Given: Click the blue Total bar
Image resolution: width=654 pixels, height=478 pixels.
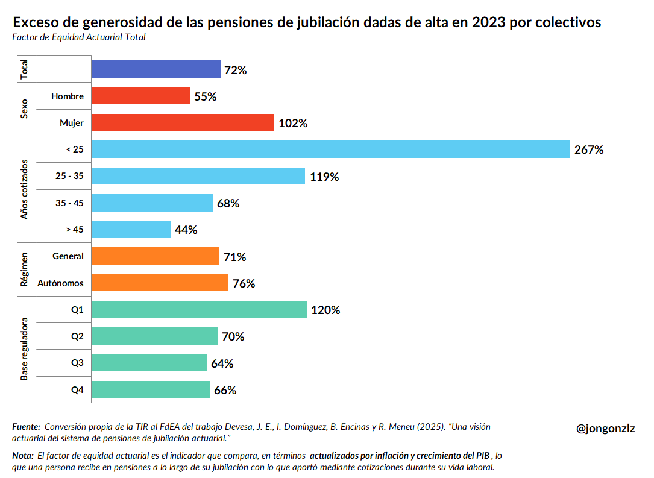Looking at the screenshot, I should (x=156, y=69).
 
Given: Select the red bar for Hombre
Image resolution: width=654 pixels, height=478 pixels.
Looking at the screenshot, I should (x=140, y=96).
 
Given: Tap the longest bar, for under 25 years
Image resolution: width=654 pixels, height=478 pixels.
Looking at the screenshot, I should (x=330, y=149).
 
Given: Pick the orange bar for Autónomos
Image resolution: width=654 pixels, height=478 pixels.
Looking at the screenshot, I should (x=160, y=283).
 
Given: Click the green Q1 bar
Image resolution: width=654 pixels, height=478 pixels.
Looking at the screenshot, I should (x=199, y=310).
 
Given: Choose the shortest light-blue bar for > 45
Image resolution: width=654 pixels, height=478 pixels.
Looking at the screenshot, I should (x=131, y=229).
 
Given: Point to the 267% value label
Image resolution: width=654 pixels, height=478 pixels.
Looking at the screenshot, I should (x=589, y=150).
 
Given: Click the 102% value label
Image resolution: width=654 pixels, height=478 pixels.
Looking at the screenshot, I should (x=293, y=124).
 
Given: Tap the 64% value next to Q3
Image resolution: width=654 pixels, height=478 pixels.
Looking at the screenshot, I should (x=222, y=363).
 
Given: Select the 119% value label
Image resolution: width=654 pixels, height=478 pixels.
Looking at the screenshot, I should (x=324, y=177).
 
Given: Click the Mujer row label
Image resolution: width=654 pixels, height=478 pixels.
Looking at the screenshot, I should (x=72, y=123).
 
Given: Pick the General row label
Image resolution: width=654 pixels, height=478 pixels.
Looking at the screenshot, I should (x=68, y=256).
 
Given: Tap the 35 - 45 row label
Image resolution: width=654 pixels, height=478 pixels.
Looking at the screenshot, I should (x=69, y=203).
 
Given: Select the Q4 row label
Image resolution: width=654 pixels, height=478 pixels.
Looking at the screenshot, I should (x=77, y=390).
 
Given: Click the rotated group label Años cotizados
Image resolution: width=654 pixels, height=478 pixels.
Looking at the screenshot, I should (x=25, y=189).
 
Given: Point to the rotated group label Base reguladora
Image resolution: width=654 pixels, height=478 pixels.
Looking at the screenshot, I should (x=25, y=350).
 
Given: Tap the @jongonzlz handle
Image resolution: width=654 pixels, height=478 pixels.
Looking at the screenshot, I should (x=605, y=429).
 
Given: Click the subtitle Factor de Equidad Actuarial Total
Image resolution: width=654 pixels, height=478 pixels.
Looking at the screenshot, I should (x=78, y=37).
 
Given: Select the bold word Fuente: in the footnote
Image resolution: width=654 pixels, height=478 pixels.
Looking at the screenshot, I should (x=26, y=427).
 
